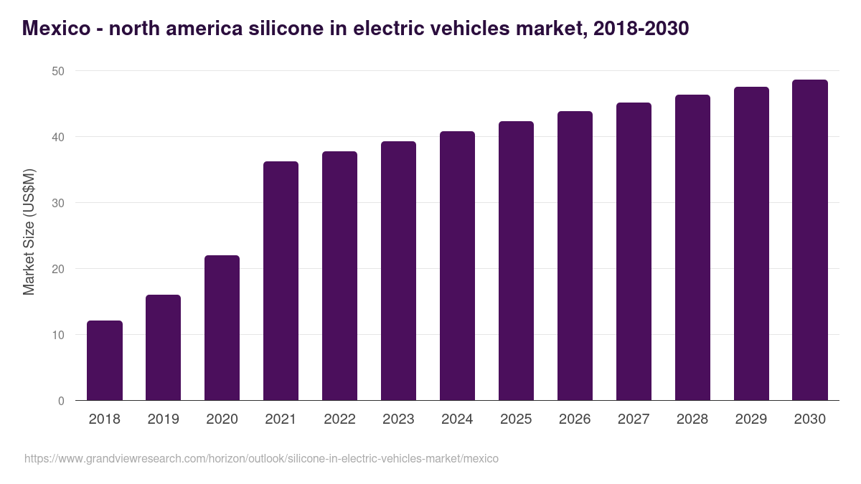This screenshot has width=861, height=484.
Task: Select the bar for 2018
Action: coord(105,361)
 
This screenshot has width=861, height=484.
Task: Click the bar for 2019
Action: coord(164,348)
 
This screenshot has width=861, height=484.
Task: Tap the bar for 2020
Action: coord(222,328)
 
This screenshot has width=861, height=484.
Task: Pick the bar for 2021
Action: coord(281,281)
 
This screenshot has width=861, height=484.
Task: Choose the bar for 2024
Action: coord(457,266)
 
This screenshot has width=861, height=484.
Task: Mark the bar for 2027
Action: coord(634,252)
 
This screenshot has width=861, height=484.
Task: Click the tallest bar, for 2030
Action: coord(810,240)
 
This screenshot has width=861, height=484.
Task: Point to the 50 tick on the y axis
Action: coord(57,71)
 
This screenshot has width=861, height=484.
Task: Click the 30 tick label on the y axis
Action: coord(57,203)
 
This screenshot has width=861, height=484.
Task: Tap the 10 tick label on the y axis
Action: coord(57,335)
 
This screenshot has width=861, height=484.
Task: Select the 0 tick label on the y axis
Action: coord(61,401)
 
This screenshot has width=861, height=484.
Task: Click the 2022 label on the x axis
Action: coord(339,419)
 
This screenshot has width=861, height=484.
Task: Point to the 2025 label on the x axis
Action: coord(516,419)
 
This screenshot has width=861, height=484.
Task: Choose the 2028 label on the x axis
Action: coord(692,419)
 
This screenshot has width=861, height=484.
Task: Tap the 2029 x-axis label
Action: coord(751,419)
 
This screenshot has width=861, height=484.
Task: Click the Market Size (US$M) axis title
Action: coord(29,232)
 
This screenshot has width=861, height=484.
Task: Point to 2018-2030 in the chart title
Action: coord(641,29)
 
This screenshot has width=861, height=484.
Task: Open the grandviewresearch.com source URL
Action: coord(261,458)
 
